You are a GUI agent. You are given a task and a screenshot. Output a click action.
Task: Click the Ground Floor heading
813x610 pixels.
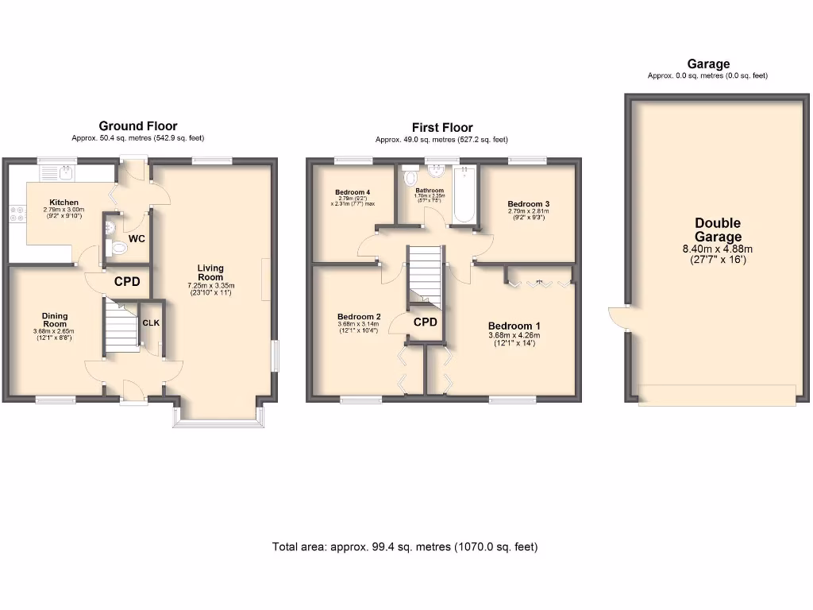(x=137, y=125)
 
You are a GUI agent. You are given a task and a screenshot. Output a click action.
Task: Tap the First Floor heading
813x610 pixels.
(x=441, y=127)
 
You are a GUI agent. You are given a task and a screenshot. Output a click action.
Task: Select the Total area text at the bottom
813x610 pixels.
(x=405, y=546)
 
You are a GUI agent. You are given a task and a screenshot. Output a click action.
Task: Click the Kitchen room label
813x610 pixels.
(x=64, y=203)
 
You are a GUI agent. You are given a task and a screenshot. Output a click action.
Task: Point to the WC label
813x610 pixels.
(x=136, y=238)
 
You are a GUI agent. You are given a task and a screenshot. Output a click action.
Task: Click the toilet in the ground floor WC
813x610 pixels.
(x=118, y=248)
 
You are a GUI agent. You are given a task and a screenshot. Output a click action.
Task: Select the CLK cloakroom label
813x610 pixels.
(x=150, y=323)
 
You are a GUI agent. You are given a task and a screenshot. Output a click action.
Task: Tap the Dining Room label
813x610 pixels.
(x=55, y=319)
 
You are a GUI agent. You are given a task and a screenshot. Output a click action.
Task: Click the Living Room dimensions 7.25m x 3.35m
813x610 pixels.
(x=210, y=285)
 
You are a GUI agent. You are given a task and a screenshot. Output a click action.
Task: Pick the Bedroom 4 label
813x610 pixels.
(x=353, y=192)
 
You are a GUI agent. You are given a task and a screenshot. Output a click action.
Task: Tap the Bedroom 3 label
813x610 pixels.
(x=528, y=204)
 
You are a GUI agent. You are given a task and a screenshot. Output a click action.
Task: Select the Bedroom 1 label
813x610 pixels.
(x=514, y=326)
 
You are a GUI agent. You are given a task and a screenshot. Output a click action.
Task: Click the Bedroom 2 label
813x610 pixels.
(x=358, y=315)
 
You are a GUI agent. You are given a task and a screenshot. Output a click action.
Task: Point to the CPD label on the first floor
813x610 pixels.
(x=426, y=322)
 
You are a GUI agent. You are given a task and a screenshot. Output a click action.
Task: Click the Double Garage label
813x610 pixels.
(x=718, y=230)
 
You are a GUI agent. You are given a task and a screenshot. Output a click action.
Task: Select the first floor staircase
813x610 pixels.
(x=423, y=274)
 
